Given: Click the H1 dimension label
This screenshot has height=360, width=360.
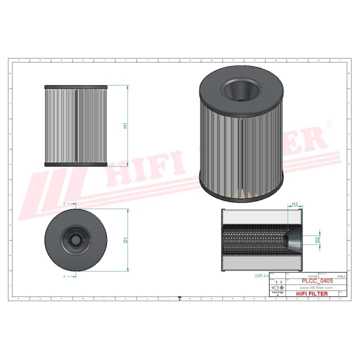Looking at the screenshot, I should tap(126, 125).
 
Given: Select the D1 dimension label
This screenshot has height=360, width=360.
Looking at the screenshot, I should tap(126, 239).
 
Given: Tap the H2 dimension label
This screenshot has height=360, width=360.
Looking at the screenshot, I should tap(295, 204).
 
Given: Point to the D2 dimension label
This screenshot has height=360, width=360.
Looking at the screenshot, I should tap(317, 240).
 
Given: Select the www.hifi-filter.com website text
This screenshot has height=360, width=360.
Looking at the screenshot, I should tap(316, 288).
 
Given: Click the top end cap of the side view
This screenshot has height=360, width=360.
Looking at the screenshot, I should tap(76, 87).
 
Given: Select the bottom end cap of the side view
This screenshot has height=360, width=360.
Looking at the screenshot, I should tap(76, 164).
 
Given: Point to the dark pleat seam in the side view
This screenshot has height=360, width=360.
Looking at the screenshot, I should tap(76, 125).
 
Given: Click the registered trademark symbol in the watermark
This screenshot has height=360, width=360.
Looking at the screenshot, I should tap(328, 123).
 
